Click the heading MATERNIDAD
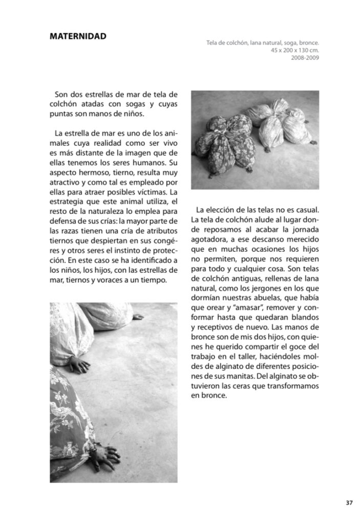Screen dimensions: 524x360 tap(78, 36)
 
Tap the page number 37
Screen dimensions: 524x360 tap(349, 503)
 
